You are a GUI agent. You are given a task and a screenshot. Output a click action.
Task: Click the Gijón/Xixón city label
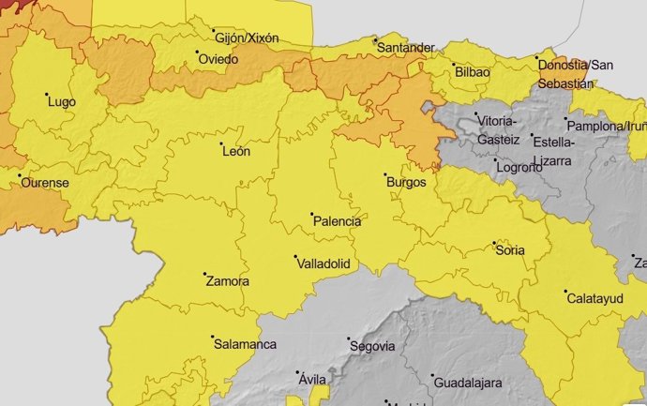point(248,38)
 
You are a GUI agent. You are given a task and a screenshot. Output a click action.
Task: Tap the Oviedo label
point(218,59)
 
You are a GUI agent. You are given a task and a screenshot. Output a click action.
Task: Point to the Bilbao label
point(472,71)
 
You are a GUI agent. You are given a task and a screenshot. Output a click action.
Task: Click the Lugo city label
point(61,101)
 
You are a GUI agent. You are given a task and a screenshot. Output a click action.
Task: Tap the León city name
point(234,152)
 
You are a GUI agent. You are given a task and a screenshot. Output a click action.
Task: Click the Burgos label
point(406,182)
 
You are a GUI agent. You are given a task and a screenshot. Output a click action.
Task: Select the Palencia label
point(337,221)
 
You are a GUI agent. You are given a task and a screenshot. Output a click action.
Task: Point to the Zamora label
point(227,280)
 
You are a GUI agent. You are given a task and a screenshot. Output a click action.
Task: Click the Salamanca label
point(245,344)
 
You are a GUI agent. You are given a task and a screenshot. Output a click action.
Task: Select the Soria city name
point(509,250)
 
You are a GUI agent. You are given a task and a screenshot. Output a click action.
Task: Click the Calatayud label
point(596,298)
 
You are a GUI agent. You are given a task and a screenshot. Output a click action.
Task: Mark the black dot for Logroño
point(496,160)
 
